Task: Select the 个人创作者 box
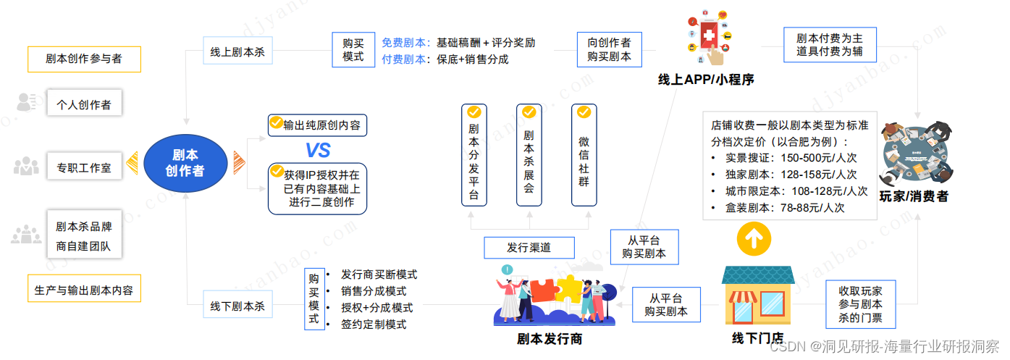point(84,104)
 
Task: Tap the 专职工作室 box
point(84,167)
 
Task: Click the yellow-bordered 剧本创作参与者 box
point(84,59)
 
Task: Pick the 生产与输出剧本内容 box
point(84,290)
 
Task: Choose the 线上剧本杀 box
point(237,51)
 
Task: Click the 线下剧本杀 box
point(237,306)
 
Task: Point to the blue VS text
point(317,150)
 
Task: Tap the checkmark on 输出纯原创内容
point(276,122)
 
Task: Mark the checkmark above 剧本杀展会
point(529,112)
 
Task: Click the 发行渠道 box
point(529,247)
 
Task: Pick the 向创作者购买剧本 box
point(609,49)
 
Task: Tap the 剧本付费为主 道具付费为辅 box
point(829,45)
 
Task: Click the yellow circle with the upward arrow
point(753,238)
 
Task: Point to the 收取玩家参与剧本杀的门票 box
point(860,305)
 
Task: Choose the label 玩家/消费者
point(913,196)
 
